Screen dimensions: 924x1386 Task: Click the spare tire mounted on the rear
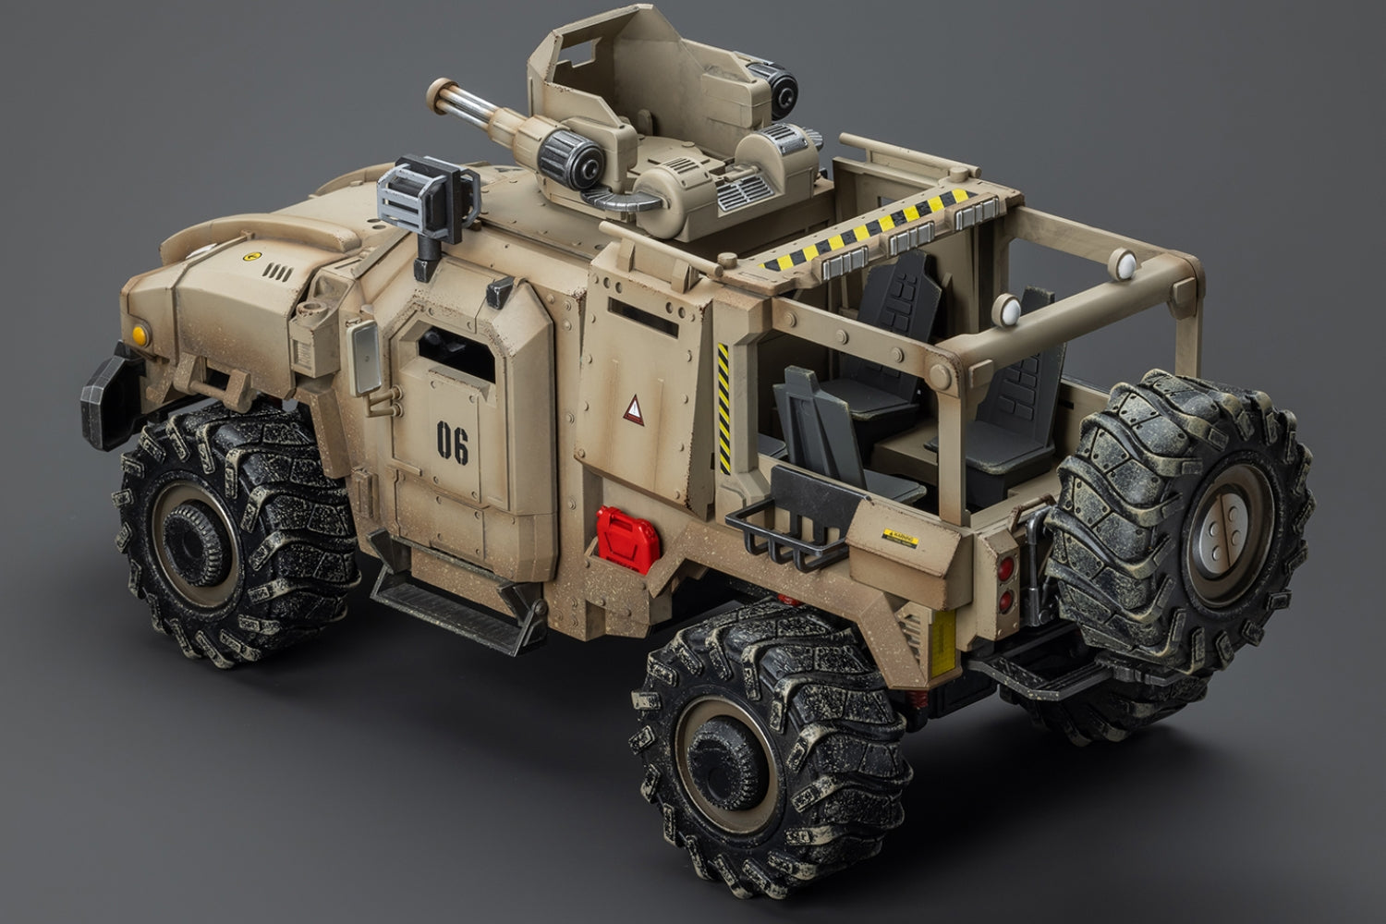[1187, 506]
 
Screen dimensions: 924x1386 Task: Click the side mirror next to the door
[368, 360]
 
